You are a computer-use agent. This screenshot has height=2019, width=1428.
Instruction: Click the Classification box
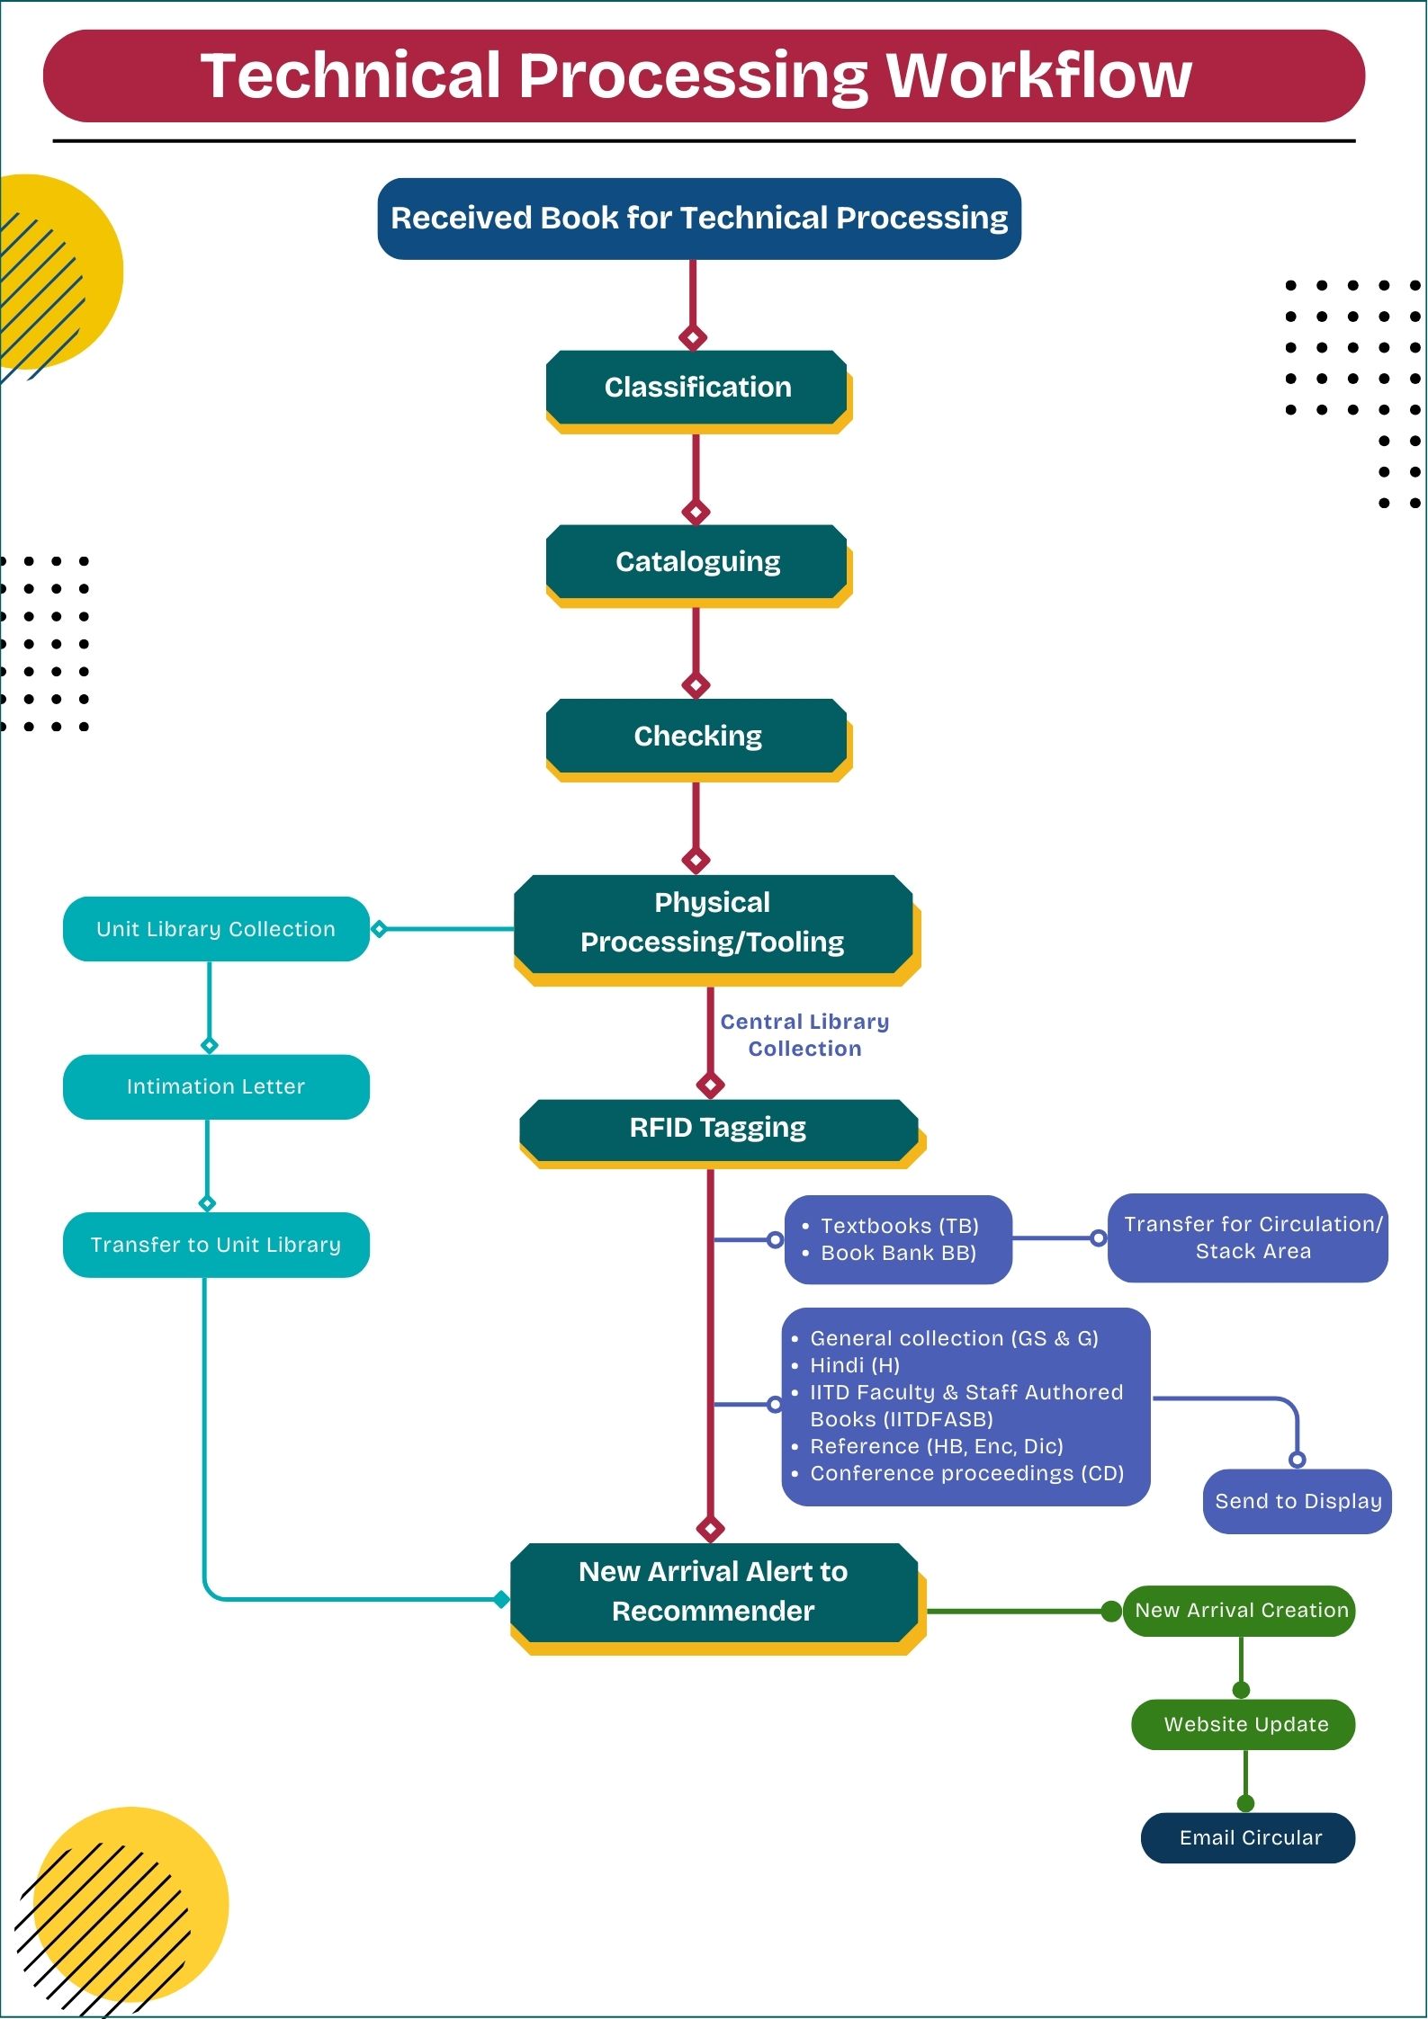[697, 388]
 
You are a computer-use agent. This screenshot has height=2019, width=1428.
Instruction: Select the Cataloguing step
[697, 562]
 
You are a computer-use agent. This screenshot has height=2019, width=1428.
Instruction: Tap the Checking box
[697, 737]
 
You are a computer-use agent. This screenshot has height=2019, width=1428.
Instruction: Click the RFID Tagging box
[718, 1128]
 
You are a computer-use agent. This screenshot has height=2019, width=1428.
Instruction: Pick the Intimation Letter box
[216, 1086]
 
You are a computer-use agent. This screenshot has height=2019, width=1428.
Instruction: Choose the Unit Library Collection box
[216, 929]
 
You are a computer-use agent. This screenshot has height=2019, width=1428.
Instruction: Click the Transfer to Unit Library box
[216, 1245]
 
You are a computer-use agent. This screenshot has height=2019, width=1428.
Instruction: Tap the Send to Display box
[1298, 1501]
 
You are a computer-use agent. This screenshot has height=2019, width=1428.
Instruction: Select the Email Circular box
[1249, 1837]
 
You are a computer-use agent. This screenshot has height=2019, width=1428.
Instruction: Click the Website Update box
[1245, 1724]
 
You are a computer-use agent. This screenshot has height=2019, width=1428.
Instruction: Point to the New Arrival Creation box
[1241, 1611]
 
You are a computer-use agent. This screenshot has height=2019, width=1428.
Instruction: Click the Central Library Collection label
[804, 1035]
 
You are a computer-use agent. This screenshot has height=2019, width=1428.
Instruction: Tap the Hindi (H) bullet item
[854, 1365]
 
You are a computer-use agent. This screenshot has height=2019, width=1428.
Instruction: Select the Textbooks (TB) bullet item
[899, 1226]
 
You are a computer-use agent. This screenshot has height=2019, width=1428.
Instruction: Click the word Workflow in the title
[1038, 76]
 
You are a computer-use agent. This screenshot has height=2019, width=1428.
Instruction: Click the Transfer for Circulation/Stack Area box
[1249, 1237]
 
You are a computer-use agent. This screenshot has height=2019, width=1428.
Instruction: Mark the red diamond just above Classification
[692, 338]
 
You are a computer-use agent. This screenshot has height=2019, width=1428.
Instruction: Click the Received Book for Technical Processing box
[699, 219]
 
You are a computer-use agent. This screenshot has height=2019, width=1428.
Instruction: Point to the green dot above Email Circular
[1245, 1803]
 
